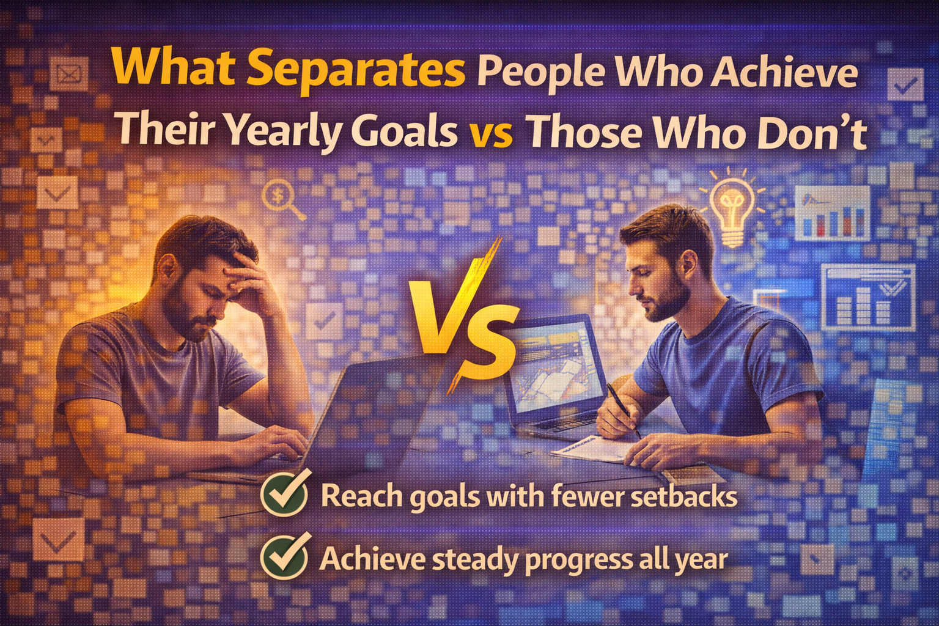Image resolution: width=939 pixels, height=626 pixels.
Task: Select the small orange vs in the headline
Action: pyautogui.click(x=490, y=133)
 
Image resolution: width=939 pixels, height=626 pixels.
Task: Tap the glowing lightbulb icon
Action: pyautogui.click(x=731, y=208)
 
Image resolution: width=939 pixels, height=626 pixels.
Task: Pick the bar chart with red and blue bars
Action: pyautogui.click(x=833, y=214)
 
